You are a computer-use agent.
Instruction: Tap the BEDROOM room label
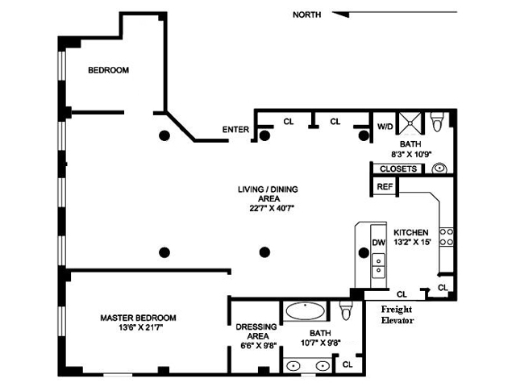[x=108, y=71]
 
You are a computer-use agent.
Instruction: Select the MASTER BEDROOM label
[x=138, y=318]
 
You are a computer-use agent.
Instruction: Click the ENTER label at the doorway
[x=235, y=130]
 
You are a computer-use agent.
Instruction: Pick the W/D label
[x=385, y=127]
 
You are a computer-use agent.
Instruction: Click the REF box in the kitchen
[x=384, y=186]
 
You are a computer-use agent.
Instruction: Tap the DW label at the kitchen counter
[x=377, y=242]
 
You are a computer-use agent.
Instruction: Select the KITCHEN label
[x=411, y=232]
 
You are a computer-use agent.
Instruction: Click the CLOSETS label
[x=398, y=169]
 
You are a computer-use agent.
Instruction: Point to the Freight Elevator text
[x=397, y=314]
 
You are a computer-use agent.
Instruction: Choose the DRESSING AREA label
[x=256, y=331]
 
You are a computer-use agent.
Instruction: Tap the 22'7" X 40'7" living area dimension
[x=267, y=208]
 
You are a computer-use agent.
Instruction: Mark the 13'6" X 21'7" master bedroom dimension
[x=138, y=328]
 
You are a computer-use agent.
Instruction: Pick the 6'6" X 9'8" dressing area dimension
[x=256, y=346]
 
